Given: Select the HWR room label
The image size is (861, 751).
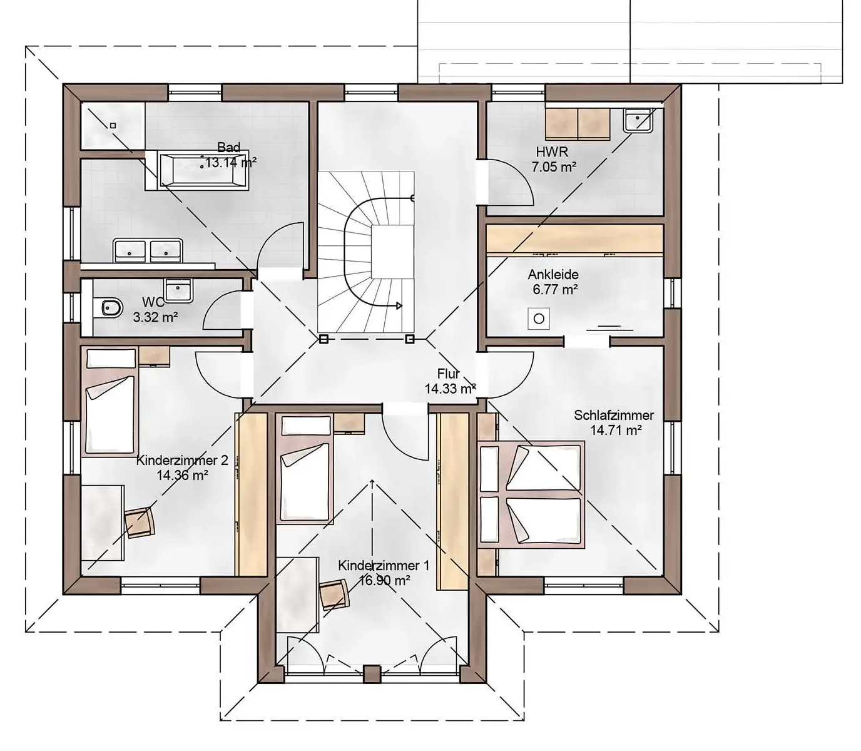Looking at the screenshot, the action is click(x=552, y=151).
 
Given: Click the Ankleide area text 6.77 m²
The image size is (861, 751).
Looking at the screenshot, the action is click(x=555, y=290).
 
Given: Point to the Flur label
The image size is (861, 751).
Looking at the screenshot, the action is click(x=449, y=373).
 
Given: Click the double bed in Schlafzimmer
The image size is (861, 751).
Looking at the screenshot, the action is click(x=531, y=494).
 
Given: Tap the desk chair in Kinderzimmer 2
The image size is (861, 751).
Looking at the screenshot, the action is click(x=140, y=523).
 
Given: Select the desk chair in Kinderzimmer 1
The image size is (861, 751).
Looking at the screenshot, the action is click(x=335, y=595).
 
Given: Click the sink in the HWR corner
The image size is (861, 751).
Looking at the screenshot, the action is click(x=638, y=120).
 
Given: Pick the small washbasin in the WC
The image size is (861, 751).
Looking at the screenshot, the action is click(x=179, y=290).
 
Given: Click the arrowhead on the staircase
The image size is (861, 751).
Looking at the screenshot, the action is click(x=399, y=306).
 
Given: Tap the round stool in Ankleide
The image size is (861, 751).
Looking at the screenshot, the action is click(x=539, y=319).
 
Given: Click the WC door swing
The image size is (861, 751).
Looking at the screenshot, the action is click(x=222, y=310).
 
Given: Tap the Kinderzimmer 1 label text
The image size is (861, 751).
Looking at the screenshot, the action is click(x=384, y=566).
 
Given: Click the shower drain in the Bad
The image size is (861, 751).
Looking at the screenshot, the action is click(x=113, y=125).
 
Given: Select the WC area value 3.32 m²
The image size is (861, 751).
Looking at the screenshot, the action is click(x=155, y=317).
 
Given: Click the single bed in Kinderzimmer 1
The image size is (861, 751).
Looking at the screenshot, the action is click(x=306, y=469).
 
